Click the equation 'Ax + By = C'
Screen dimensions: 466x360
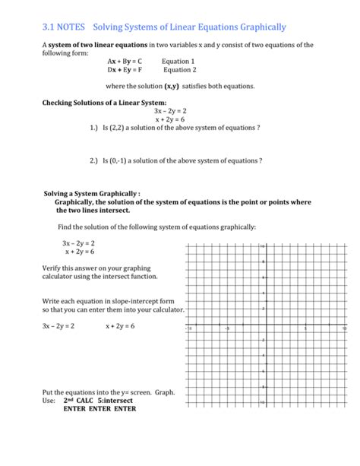[125, 62]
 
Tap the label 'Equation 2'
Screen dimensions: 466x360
[181, 70]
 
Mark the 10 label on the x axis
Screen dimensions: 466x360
[344, 328]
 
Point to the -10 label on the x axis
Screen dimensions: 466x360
[189, 328]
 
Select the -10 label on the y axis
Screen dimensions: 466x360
[262, 402]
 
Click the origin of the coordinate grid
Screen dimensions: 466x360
[265, 325]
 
